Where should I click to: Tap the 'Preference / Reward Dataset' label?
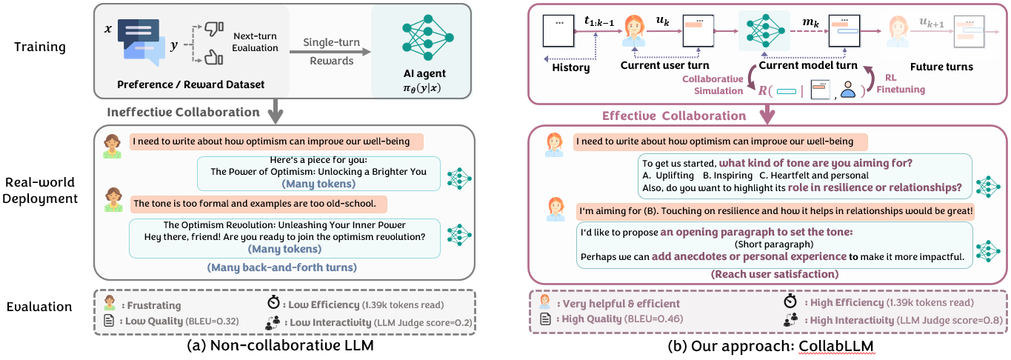tap(190, 84)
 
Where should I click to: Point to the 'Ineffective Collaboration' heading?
tap(184, 113)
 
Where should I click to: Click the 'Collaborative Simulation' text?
tap(713, 84)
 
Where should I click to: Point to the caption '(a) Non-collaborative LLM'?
tap(284, 346)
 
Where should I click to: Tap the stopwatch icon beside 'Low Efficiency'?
tap(274, 303)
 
